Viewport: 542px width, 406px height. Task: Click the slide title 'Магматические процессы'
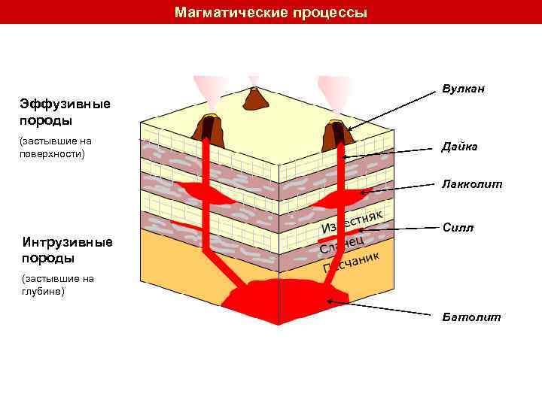pos(271,13)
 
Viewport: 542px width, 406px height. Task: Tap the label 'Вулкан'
pos(463,89)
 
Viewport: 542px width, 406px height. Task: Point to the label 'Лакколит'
pos(472,183)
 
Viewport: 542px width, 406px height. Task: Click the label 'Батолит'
pos(471,317)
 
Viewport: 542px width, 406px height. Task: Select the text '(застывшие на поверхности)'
pos(56,147)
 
